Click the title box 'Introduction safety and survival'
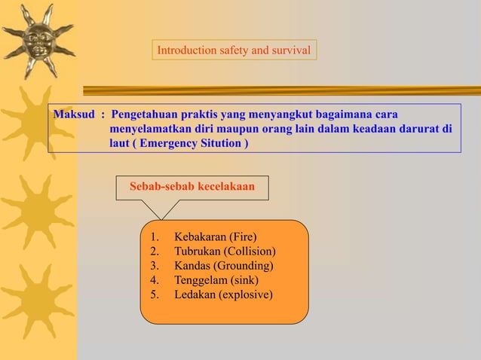[x=234, y=50]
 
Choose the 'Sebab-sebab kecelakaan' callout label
[x=192, y=186]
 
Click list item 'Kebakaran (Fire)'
[x=216, y=237]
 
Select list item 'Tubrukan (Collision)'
[x=225, y=252]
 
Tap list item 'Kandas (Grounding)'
[x=224, y=266]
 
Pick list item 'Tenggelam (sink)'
[x=216, y=280]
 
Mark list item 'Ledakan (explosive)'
[x=223, y=294]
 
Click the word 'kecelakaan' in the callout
[x=226, y=186]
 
